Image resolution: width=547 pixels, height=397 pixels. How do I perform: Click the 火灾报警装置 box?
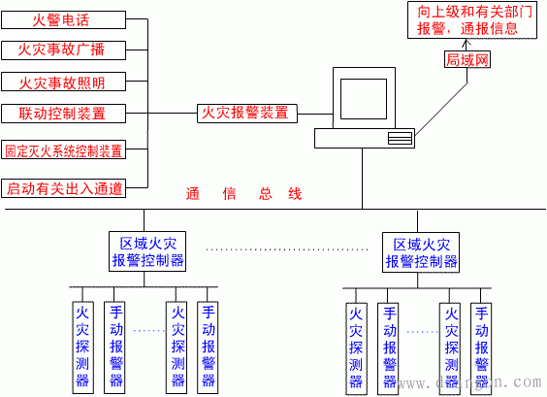(x=244, y=113)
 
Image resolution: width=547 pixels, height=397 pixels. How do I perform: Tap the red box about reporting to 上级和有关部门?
(x=467, y=20)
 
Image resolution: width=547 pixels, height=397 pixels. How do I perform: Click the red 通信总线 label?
(x=244, y=194)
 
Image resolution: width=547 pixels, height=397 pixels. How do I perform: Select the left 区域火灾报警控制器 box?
(x=145, y=251)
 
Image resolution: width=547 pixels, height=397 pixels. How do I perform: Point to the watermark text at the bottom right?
(x=475, y=385)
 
